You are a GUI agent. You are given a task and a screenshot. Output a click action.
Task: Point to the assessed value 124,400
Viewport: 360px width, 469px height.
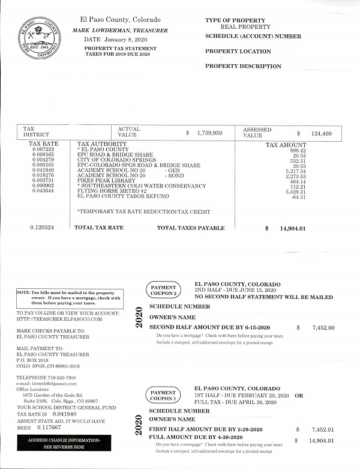click(318, 133)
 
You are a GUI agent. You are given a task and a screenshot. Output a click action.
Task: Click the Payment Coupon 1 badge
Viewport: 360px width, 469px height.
click(164, 395)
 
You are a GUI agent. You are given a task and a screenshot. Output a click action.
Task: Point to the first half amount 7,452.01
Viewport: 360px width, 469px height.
click(323, 430)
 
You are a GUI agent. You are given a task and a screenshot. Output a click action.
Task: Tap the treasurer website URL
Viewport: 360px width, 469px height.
click(59, 319)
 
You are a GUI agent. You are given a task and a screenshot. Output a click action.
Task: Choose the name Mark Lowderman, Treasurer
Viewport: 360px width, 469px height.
click(121, 30)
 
